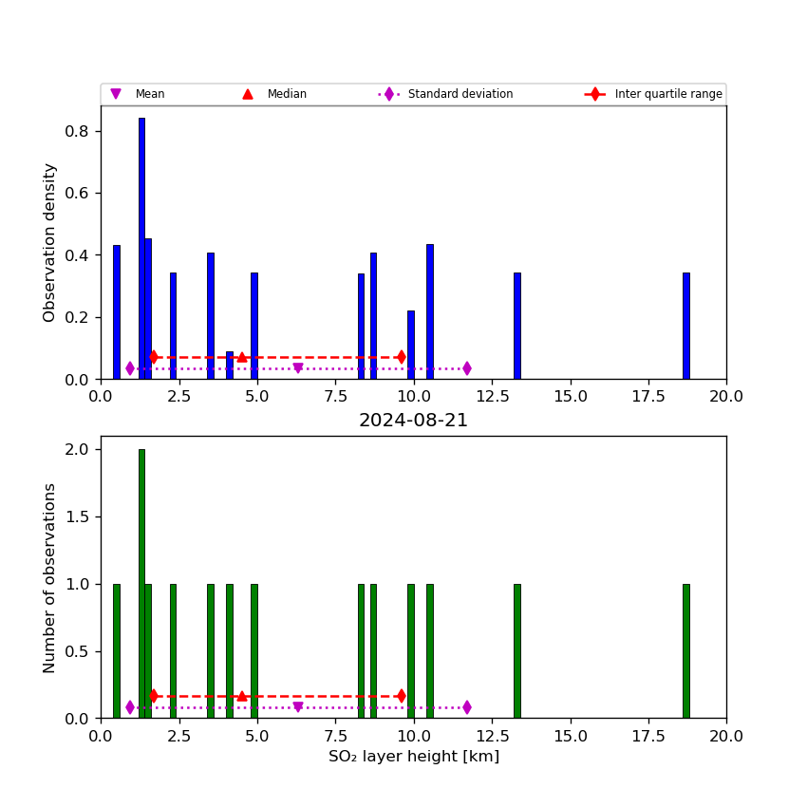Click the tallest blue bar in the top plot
(141, 247)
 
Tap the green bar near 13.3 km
(516, 650)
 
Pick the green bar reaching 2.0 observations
(141, 583)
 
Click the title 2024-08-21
(413, 421)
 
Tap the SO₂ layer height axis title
(413, 757)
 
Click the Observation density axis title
(50, 242)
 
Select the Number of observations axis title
(50, 577)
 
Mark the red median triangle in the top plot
(242, 357)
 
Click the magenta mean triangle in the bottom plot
(298, 707)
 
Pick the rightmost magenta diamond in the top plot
(466, 368)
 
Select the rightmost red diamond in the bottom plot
(402, 696)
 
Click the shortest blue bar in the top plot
(230, 366)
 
